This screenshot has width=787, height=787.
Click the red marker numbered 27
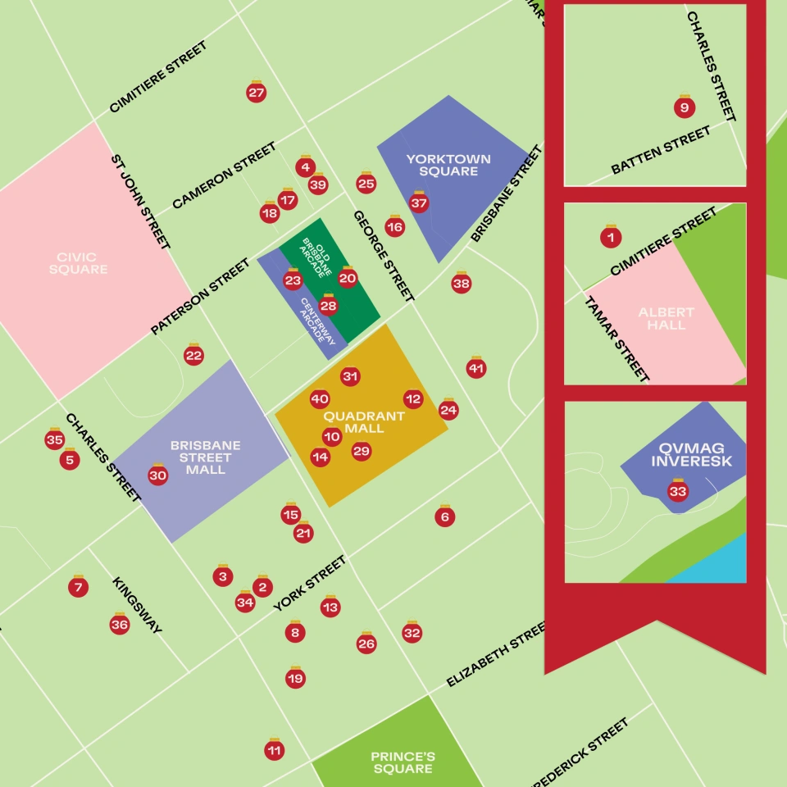click(x=257, y=93)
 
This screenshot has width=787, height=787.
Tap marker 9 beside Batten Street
click(x=685, y=107)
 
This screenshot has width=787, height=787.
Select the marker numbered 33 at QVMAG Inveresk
click(x=678, y=492)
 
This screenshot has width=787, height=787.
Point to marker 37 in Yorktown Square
click(x=419, y=202)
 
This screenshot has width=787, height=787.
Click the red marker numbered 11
click(x=275, y=750)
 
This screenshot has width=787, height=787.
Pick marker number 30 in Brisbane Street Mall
click(x=158, y=475)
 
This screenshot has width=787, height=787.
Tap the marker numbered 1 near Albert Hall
click(x=611, y=238)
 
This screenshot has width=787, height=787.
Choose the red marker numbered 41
click(x=476, y=369)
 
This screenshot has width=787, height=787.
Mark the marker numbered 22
click(x=193, y=356)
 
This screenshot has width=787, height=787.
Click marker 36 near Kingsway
click(x=120, y=625)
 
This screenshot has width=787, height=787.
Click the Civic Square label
click(x=78, y=263)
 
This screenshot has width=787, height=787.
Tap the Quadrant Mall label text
click(x=363, y=422)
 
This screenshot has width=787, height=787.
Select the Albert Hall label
click(x=666, y=319)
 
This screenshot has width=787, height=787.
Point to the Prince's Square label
click(x=402, y=762)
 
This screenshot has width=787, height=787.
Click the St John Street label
click(x=141, y=200)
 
